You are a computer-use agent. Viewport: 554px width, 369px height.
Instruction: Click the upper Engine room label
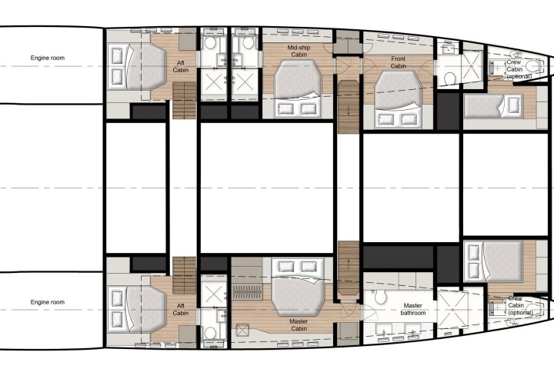tap(48, 58)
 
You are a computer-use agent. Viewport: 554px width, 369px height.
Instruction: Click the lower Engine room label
tap(48, 302)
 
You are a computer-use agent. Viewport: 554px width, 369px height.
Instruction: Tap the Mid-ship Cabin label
tap(299, 51)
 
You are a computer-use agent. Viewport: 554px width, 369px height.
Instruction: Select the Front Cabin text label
tap(399, 62)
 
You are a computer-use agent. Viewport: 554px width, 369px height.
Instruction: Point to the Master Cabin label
tap(299, 325)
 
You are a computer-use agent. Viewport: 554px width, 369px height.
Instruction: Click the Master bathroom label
tap(412, 309)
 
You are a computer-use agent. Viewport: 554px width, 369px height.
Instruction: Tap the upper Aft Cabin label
tap(181, 66)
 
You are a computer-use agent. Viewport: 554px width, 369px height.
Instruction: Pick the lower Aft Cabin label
tap(181, 310)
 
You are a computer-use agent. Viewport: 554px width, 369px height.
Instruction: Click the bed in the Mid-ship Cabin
tap(298, 89)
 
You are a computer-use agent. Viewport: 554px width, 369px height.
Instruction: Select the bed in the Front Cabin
tap(398, 99)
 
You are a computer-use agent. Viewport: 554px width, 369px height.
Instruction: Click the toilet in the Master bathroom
tap(381, 297)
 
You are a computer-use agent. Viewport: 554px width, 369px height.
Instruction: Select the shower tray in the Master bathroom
tap(452, 309)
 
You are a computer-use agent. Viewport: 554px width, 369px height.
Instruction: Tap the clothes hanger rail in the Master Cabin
tap(247, 293)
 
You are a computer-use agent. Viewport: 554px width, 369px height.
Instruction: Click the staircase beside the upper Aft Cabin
tap(184, 100)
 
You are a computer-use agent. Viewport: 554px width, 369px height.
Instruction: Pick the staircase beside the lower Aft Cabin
tap(184, 275)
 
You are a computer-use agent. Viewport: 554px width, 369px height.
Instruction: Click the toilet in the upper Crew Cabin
tap(534, 66)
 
